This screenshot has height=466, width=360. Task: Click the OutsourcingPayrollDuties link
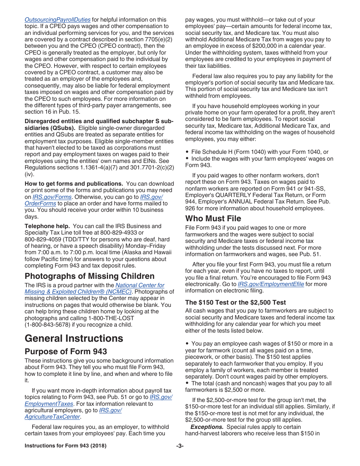point(58,20)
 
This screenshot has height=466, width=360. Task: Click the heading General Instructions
point(74,338)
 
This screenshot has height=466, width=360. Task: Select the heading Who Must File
point(213,219)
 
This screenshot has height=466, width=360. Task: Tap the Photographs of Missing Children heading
point(89,276)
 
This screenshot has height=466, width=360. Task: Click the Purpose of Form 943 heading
point(66,352)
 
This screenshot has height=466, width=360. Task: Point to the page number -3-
point(180,446)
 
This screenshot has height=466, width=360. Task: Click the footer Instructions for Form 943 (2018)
point(66,446)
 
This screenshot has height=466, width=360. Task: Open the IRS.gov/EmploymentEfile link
point(271,284)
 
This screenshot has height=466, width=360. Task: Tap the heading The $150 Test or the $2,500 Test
point(235,302)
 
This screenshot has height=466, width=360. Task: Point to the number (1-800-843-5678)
point(51,325)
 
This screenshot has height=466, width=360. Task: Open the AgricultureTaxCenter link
point(52,417)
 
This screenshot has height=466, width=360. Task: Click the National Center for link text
point(140,285)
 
